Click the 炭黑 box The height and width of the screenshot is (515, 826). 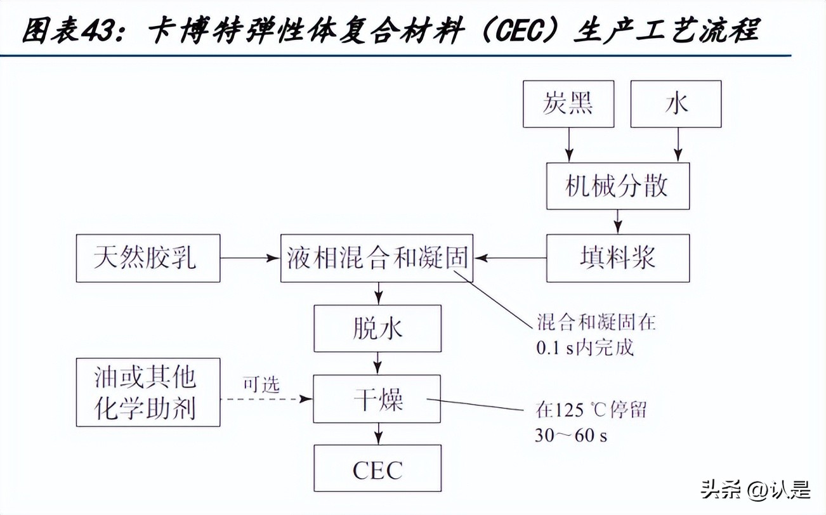click(568, 104)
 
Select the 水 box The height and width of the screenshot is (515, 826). click(676, 104)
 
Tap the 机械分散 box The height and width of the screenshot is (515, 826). click(617, 186)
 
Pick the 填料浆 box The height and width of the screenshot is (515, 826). click(617, 258)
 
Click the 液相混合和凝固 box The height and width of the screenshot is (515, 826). click(377, 258)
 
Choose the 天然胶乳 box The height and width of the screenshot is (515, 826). click(148, 258)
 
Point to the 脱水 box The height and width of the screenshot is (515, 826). click(377, 329)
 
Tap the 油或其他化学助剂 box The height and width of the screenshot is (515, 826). click(148, 392)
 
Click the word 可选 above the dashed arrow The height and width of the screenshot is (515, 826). click(261, 385)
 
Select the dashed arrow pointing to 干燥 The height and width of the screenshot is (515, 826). click(266, 399)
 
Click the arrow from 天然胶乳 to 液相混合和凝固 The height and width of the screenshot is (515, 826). click(250, 258)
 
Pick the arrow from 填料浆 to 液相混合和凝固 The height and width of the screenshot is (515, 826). click(510, 258)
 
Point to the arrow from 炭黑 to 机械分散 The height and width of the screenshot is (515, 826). click(569, 144)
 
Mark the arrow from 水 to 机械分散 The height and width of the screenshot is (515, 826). click(678, 144)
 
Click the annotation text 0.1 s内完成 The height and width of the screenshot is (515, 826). click(584, 348)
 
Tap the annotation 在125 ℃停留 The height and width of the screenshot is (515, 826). click(591, 411)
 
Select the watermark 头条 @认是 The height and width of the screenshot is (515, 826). click(755, 491)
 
